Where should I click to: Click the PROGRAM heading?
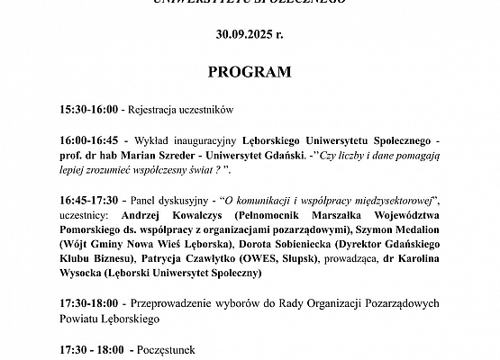click(x=250, y=71)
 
